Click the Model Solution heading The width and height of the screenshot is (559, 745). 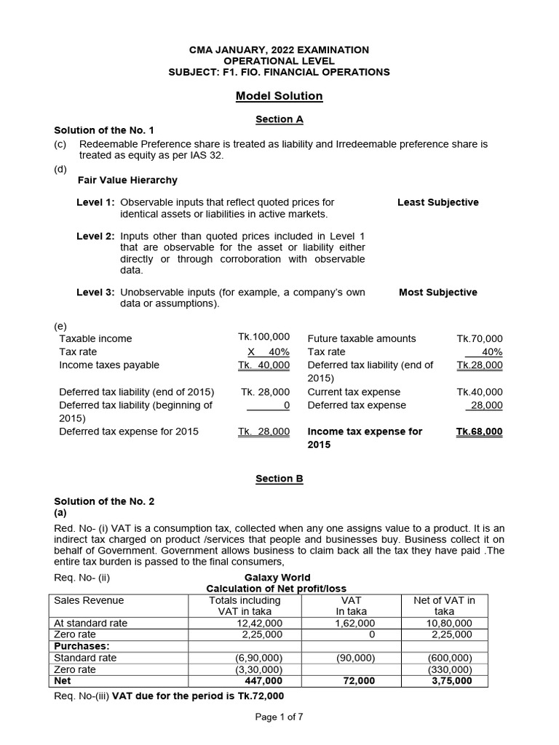279,96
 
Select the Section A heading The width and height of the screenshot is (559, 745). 279,119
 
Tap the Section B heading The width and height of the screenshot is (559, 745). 279,479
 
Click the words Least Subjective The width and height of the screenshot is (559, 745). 438,202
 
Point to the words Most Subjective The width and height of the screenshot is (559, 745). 438,292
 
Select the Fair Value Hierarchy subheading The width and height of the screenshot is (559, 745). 127,180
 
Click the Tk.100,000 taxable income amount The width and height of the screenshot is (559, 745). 263,337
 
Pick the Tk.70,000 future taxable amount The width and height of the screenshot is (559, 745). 479,338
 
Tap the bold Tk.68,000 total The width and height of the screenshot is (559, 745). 479,431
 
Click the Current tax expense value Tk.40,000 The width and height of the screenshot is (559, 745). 479,391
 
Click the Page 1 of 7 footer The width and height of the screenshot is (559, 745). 279,717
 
